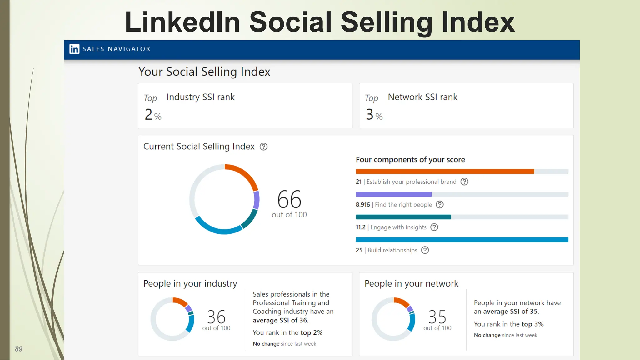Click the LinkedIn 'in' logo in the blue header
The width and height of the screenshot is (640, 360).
(74, 49)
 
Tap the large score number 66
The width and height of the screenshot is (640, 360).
(289, 199)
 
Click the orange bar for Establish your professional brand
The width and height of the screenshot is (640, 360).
(445, 171)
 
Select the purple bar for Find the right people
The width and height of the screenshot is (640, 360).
(393, 194)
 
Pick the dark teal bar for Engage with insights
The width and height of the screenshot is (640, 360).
(403, 217)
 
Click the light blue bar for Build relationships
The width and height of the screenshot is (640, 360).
(462, 240)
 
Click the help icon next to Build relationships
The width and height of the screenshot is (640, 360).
(425, 250)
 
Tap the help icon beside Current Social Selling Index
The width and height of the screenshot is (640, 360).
(263, 147)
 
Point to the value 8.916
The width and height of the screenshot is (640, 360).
(362, 205)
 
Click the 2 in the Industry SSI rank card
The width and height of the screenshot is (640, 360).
(148, 114)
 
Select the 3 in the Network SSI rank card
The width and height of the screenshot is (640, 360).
(369, 114)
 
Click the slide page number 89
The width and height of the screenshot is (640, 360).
(19, 349)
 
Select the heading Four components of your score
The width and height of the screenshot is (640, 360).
(410, 160)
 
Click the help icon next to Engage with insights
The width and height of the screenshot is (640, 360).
(434, 227)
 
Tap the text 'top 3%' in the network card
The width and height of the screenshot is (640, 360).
(532, 324)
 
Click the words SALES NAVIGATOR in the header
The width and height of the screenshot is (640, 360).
(116, 49)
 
